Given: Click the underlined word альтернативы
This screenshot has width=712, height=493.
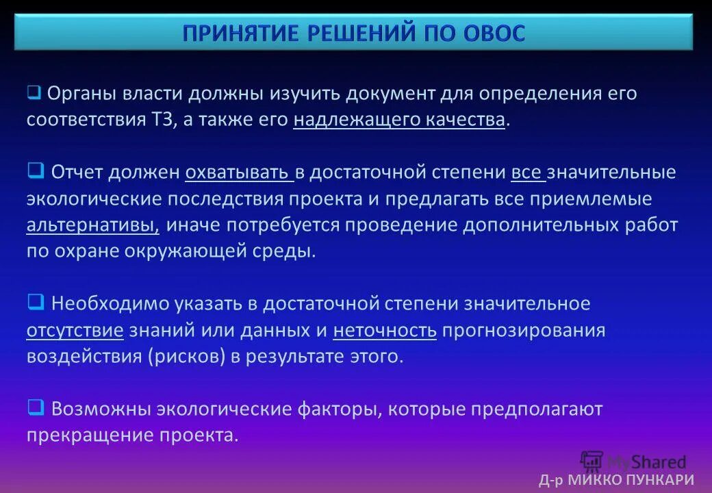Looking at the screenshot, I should click(92, 225).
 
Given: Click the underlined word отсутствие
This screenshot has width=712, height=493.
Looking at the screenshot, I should click(75, 330).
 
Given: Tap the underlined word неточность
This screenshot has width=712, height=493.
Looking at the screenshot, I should click(385, 330).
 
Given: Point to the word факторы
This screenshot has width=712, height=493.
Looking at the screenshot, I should click(338, 409).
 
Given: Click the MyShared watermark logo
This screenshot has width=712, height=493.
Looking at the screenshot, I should click(633, 462).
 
